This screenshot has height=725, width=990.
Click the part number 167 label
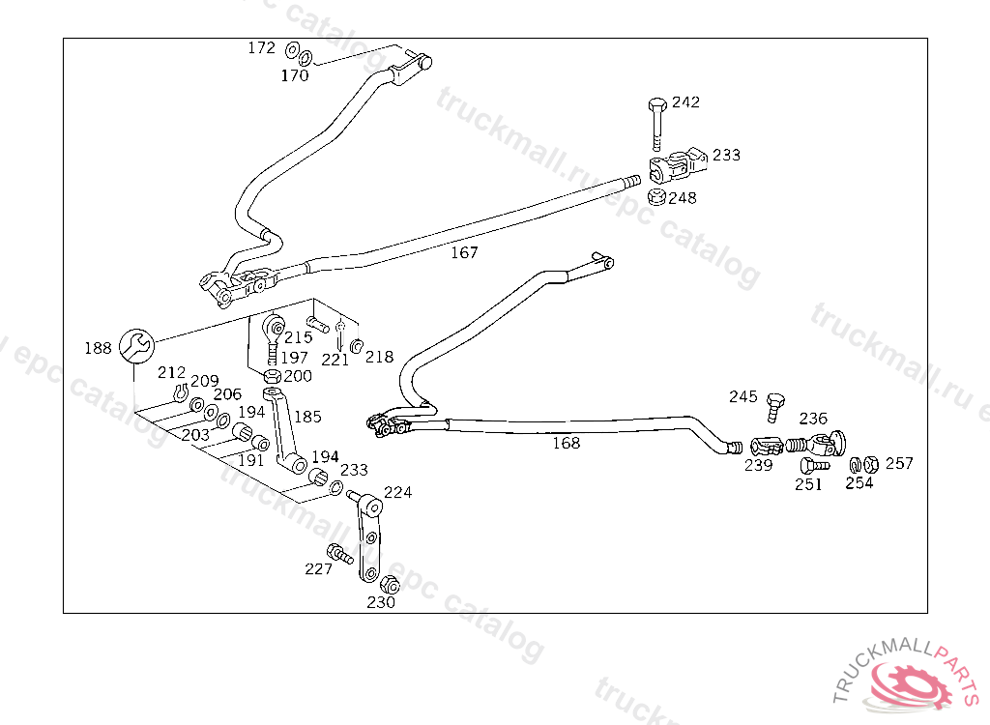coord(464,252)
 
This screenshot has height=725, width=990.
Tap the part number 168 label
coord(566,443)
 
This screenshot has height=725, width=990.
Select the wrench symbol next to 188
coord(136,346)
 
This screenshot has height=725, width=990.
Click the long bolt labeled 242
coord(657,123)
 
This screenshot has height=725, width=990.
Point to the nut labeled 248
coord(656,197)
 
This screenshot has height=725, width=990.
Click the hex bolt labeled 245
coord(774,407)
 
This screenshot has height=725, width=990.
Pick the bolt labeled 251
coord(814,466)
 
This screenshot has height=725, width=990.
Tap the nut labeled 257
coord(871,464)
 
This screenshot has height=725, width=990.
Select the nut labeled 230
coord(391,585)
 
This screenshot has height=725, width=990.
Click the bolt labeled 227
coord(339,554)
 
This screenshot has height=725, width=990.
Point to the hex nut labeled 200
coord(272,376)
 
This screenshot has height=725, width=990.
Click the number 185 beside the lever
coord(307,417)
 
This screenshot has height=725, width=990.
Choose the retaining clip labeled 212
coord(181,392)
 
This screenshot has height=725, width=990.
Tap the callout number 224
coord(397,492)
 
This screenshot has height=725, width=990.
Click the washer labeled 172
coord(292,50)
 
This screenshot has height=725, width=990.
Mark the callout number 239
coord(758,465)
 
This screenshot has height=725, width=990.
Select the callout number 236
coord(812,418)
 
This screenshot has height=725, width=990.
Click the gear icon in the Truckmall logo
coord(909,683)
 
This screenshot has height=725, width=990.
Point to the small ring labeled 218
coord(356,345)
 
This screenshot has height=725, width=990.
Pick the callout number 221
coord(335,360)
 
